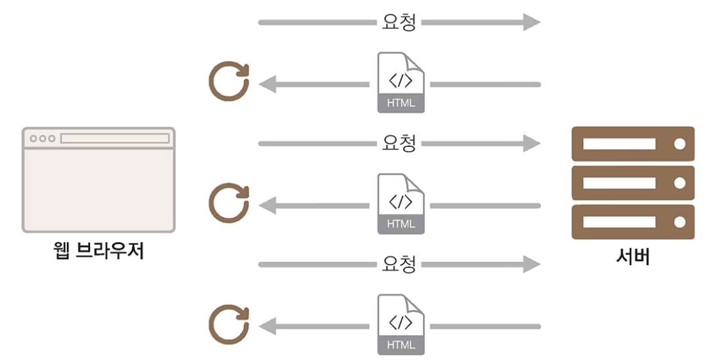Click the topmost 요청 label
[399, 22]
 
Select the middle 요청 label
[399, 143]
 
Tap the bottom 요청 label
[399, 264]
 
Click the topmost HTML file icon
[401, 83]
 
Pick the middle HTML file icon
[401, 205]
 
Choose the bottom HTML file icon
[401, 326]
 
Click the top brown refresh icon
[228, 84]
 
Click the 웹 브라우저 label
[98, 251]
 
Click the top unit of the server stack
[633, 144]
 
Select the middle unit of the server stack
[633, 183]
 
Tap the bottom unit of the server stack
[633, 222]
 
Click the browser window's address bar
[115, 138]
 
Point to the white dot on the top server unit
[679, 144]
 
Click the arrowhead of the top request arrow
[531, 22]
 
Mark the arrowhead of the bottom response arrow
[268, 327]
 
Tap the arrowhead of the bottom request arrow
[531, 265]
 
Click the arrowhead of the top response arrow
[268, 85]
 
